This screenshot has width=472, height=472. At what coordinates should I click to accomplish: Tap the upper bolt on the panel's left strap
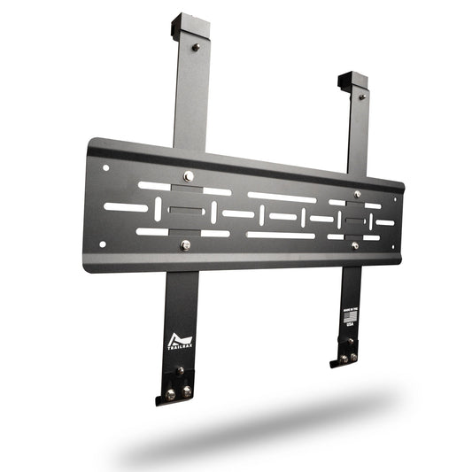[188, 176]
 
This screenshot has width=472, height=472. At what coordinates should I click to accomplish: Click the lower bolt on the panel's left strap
[185, 245]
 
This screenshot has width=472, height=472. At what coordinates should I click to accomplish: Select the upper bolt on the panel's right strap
[357, 194]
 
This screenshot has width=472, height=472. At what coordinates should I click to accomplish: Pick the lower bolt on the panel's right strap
[355, 245]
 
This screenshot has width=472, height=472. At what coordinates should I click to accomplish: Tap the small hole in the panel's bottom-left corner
[103, 244]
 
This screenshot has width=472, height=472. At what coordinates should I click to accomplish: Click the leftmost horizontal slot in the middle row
[125, 207]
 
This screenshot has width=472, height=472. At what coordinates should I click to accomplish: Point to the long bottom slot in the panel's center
[280, 236]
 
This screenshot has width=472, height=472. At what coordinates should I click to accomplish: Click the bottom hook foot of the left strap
[174, 396]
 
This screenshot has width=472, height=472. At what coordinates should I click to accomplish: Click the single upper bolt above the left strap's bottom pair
[180, 370]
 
